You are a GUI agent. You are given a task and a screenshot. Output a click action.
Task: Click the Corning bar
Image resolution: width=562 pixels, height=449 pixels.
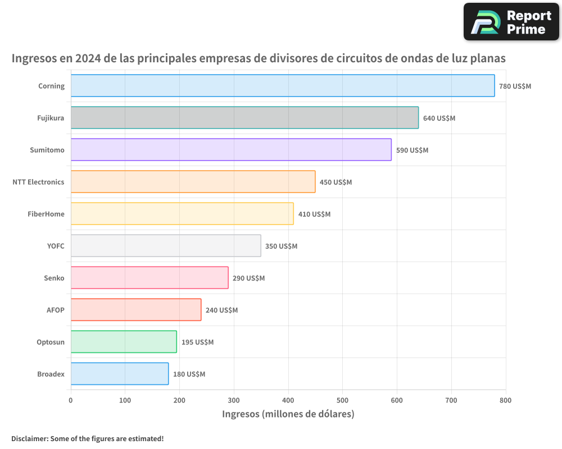283,86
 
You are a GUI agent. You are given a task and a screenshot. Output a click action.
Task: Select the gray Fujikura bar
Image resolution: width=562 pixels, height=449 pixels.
244,118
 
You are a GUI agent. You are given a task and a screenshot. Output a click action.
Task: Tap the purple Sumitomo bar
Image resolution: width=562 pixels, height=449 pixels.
231,150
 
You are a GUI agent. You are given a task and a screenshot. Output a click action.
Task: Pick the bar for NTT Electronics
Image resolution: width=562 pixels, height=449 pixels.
193,182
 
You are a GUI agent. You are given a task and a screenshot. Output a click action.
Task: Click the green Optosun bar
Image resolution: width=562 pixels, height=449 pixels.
124,342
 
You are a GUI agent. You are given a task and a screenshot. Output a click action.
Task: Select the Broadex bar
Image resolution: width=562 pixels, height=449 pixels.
120,374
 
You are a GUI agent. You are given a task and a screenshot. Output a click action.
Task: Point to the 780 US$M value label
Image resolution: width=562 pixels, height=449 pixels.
515,86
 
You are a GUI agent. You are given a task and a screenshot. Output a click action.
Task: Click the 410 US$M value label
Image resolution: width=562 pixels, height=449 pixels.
314,214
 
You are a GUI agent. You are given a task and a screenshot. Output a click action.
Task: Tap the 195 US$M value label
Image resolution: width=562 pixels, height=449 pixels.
197,342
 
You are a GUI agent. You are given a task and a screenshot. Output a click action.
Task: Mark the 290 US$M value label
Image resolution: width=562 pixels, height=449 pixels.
248,278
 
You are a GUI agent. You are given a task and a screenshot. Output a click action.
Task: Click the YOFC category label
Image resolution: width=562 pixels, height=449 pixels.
56,246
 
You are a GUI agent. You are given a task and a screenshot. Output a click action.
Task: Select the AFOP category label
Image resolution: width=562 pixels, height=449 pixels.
56,310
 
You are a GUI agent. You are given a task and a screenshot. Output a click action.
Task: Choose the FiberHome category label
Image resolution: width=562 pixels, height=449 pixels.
46,214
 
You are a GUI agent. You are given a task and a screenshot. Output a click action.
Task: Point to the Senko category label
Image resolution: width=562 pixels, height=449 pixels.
54,278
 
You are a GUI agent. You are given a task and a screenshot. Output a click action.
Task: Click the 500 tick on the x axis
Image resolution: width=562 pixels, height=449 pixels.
343,400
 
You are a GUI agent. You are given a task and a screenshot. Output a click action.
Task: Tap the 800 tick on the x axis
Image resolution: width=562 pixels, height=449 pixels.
505,400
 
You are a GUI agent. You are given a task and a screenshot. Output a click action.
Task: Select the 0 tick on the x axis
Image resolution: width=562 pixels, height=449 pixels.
71,400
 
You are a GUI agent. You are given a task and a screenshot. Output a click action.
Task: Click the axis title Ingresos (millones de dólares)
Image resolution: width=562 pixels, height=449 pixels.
288,414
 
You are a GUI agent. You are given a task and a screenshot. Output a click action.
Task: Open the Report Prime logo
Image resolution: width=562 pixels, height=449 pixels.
511,22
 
